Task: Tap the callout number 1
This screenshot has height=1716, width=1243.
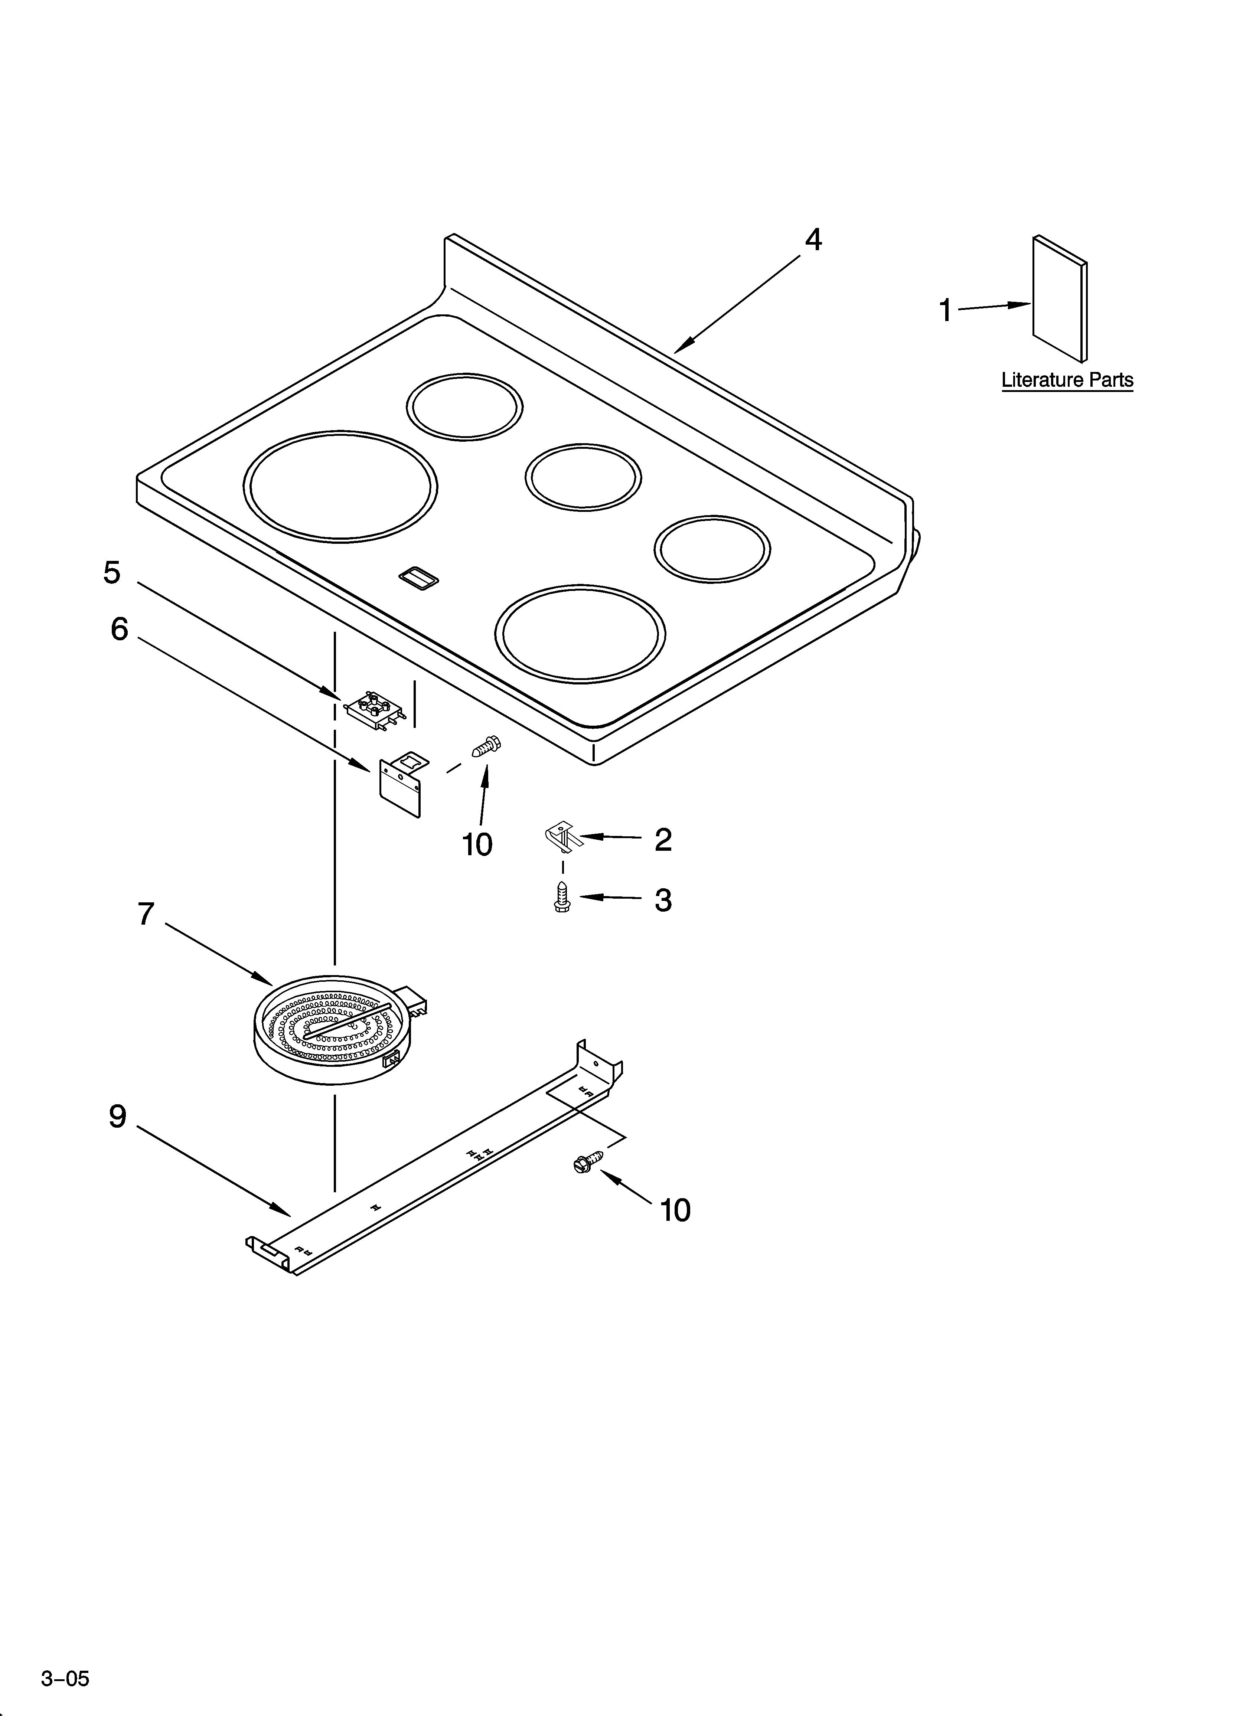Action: (x=945, y=310)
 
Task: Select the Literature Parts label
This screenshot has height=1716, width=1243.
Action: (x=1067, y=380)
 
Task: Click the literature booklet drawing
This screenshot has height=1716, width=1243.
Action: (x=1060, y=299)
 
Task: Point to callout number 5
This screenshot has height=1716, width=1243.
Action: (x=112, y=573)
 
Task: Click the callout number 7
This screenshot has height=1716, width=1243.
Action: (x=146, y=915)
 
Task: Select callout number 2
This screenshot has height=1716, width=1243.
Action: (x=663, y=840)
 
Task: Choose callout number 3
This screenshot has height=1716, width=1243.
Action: (x=663, y=901)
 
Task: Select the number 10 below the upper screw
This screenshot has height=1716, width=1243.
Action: (x=478, y=844)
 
